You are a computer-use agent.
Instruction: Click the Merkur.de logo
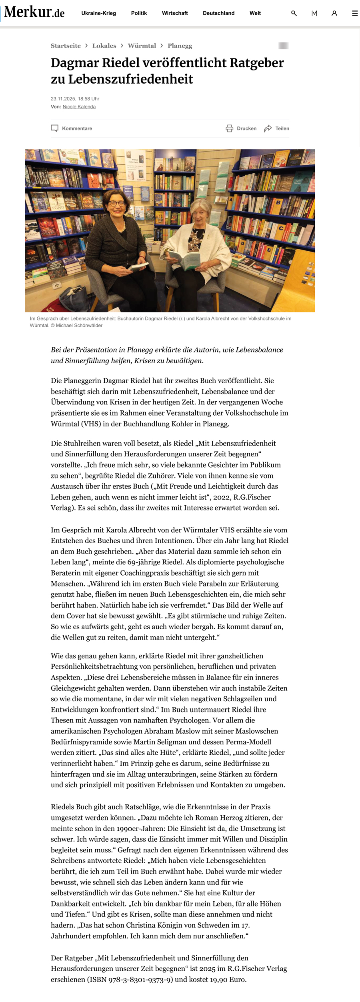pyautogui.click(x=34, y=12)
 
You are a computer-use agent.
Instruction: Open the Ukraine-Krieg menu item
pyautogui.click(x=98, y=13)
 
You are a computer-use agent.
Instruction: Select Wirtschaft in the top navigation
pyautogui.click(x=175, y=13)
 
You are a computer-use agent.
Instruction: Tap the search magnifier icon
pyautogui.click(x=294, y=13)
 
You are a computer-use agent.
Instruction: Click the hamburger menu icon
pyautogui.click(x=354, y=13)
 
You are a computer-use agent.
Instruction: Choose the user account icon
pyautogui.click(x=334, y=13)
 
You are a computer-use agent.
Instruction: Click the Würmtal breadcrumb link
pyautogui.click(x=142, y=46)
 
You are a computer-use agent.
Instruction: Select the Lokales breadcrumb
pyautogui.click(x=104, y=46)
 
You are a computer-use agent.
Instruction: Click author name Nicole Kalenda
pyautogui.click(x=79, y=107)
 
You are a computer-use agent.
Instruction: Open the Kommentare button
pyautogui.click(x=72, y=128)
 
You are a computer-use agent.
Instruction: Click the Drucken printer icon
pyautogui.click(x=230, y=128)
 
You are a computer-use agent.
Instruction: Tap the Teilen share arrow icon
pyautogui.click(x=268, y=128)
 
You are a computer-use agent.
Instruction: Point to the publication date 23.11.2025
pyautogui.click(x=63, y=99)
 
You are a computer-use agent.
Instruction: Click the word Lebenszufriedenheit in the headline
pyautogui.click(x=130, y=79)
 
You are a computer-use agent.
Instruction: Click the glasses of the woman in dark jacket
pyautogui.click(x=116, y=204)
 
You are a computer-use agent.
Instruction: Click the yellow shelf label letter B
pyautogui.click(x=278, y=202)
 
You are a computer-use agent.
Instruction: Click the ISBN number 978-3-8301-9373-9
pyautogui.click(x=138, y=980)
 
